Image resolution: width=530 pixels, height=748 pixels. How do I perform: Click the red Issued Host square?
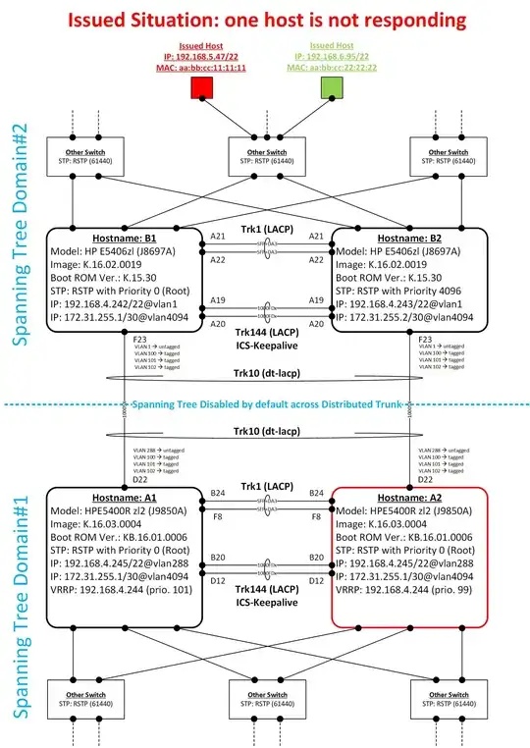204,89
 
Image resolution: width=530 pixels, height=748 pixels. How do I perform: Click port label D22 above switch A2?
425,478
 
